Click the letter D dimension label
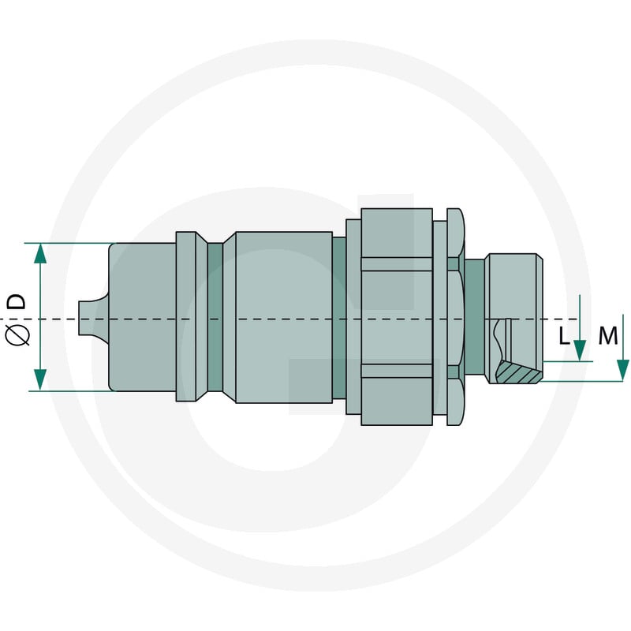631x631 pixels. (x=17, y=301)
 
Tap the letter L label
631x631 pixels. (x=564, y=336)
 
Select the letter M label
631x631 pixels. (x=607, y=336)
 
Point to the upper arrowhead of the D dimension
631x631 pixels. (x=40, y=253)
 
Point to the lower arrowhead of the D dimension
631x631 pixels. (x=40, y=380)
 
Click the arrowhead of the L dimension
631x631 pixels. (x=580, y=350)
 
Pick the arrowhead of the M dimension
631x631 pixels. (x=623, y=370)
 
